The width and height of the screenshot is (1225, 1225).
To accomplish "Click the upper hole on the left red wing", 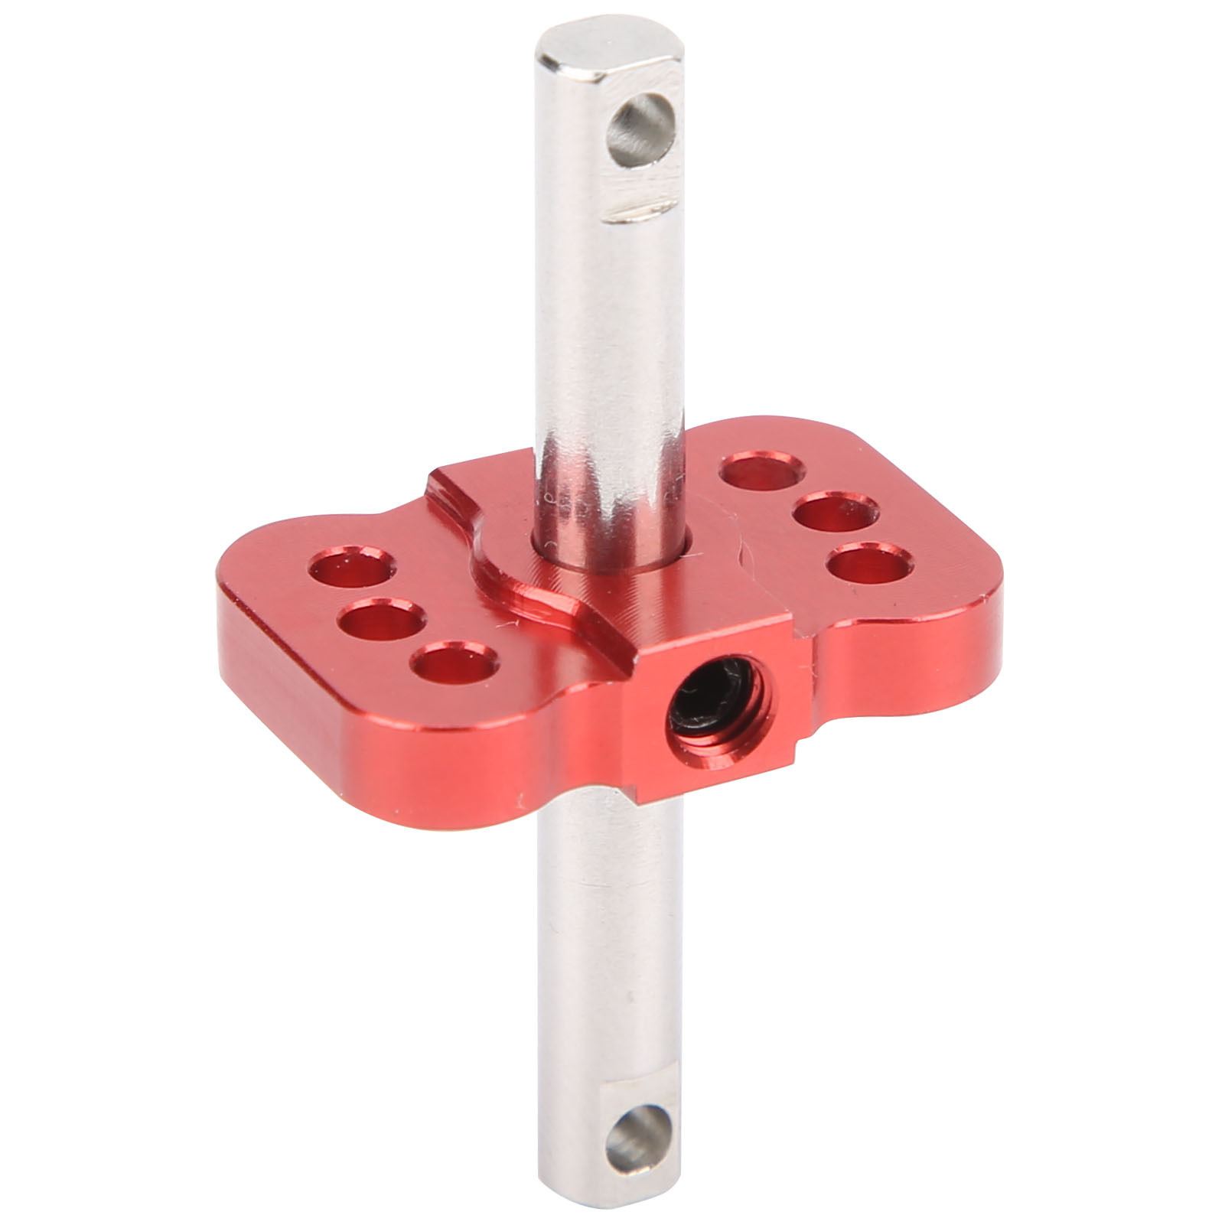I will point(350,568).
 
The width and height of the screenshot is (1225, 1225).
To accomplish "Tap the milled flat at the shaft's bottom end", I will point(635,1102).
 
